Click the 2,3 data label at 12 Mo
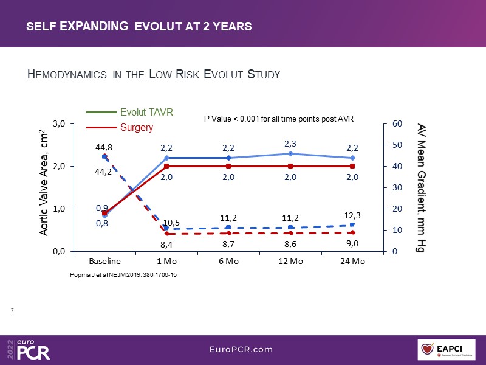pyautogui.click(x=290, y=144)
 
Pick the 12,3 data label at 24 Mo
pyautogui.click(x=352, y=216)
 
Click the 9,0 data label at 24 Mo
pyautogui.click(x=352, y=243)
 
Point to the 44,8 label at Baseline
pyautogui.click(x=104, y=147)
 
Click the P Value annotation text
pyautogui.click(x=278, y=119)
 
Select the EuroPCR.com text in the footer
pyautogui.click(x=243, y=349)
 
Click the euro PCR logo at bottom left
pyautogui.click(x=30, y=349)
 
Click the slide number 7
pyautogui.click(x=13, y=311)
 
